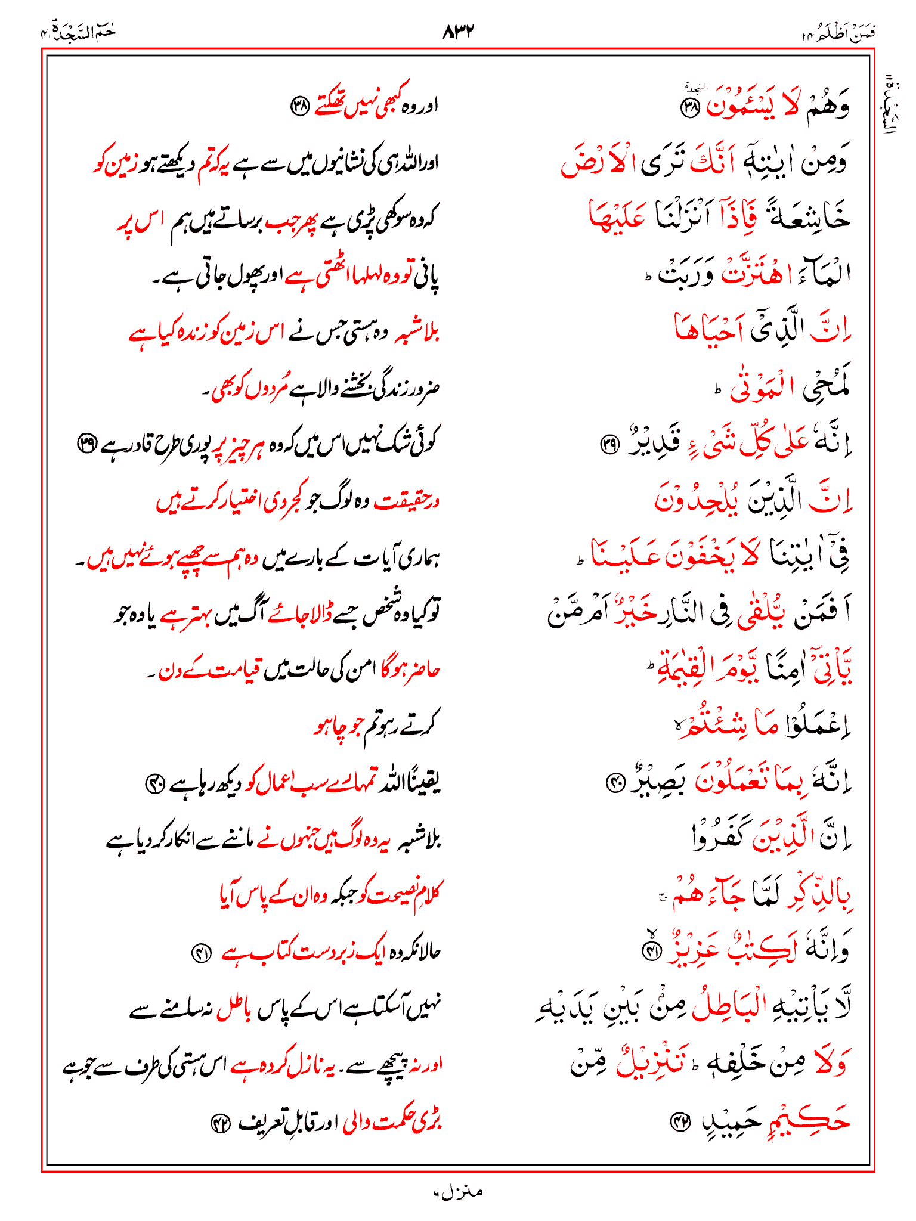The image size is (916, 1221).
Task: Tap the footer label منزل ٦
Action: pyautogui.click(x=458, y=1192)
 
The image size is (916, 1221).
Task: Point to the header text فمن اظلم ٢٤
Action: pyautogui.click(x=838, y=33)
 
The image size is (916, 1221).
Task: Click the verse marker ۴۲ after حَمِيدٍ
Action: pyautogui.click(x=679, y=1122)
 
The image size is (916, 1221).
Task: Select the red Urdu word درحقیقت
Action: pyautogui.click(x=407, y=502)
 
